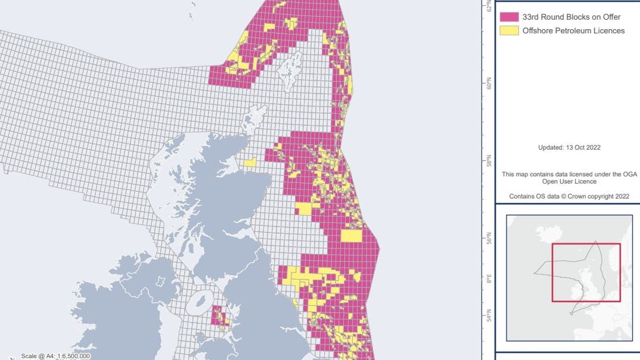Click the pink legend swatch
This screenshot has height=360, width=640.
509,17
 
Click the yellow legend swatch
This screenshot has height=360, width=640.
509,30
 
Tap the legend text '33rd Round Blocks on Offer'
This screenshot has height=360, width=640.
571,17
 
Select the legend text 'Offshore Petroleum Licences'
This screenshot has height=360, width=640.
573,30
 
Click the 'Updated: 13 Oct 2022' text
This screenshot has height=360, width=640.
569,147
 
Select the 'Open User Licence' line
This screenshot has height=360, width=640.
569,181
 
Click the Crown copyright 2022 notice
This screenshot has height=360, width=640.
569,196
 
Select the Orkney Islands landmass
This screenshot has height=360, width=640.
256,116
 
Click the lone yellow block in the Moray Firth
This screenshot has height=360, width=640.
250,162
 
